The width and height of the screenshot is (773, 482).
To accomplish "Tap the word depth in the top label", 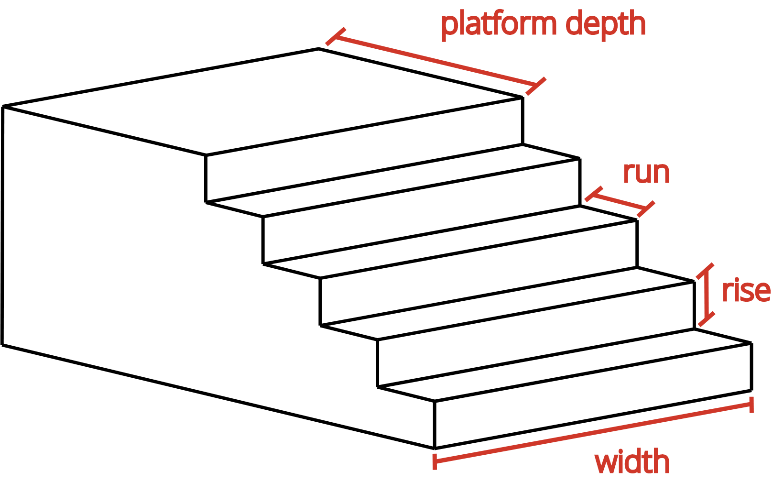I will (x=607, y=26).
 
